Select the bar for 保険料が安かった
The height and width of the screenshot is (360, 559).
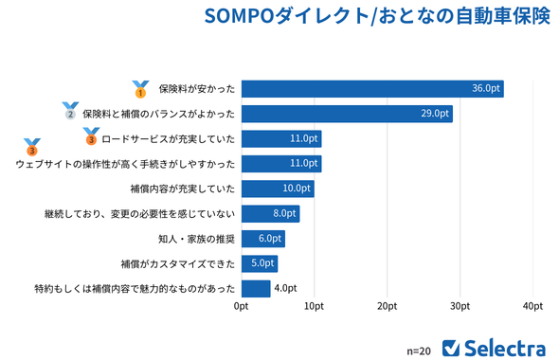tap(372, 89)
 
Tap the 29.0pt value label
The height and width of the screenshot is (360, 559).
tap(435, 114)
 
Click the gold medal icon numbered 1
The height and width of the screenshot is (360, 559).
tap(140, 89)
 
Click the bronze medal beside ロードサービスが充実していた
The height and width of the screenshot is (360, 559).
tap(91, 138)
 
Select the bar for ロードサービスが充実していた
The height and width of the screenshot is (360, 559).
tap(281, 138)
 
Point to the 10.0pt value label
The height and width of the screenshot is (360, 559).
tap(297, 189)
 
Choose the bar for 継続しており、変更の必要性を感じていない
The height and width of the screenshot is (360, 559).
tap(270, 213)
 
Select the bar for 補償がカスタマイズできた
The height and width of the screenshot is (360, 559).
tap(260, 263)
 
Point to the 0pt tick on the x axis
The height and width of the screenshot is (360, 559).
tap(242, 307)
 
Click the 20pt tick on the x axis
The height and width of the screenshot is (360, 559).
tap(387, 307)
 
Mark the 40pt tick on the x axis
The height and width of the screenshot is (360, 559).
tap(532, 307)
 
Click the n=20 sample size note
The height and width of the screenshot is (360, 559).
tap(418, 350)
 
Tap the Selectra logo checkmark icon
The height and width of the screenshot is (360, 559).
tap(452, 347)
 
